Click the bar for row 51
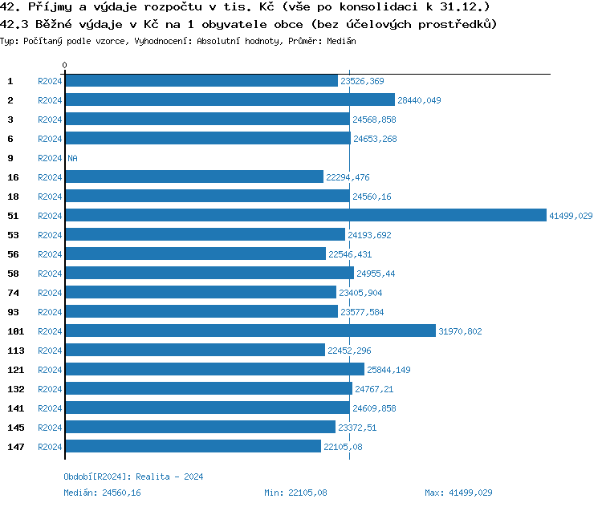(x=305, y=216)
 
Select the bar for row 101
(x=250, y=331)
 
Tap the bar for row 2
(x=230, y=100)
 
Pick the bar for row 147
(x=193, y=447)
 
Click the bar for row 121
(x=214, y=370)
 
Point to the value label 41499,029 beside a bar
(x=571, y=216)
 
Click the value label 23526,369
(x=362, y=81)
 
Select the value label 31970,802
(x=461, y=331)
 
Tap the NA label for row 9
(x=72, y=158)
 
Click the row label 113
(x=16, y=351)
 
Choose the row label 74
(x=14, y=293)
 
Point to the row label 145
(x=16, y=428)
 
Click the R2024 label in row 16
(x=50, y=177)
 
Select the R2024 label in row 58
(x=50, y=274)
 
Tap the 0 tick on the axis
(x=65, y=65)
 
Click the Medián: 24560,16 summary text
(x=102, y=493)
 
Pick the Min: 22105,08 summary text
(x=295, y=493)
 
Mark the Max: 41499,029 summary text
(x=458, y=493)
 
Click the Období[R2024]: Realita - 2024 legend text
(x=133, y=477)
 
